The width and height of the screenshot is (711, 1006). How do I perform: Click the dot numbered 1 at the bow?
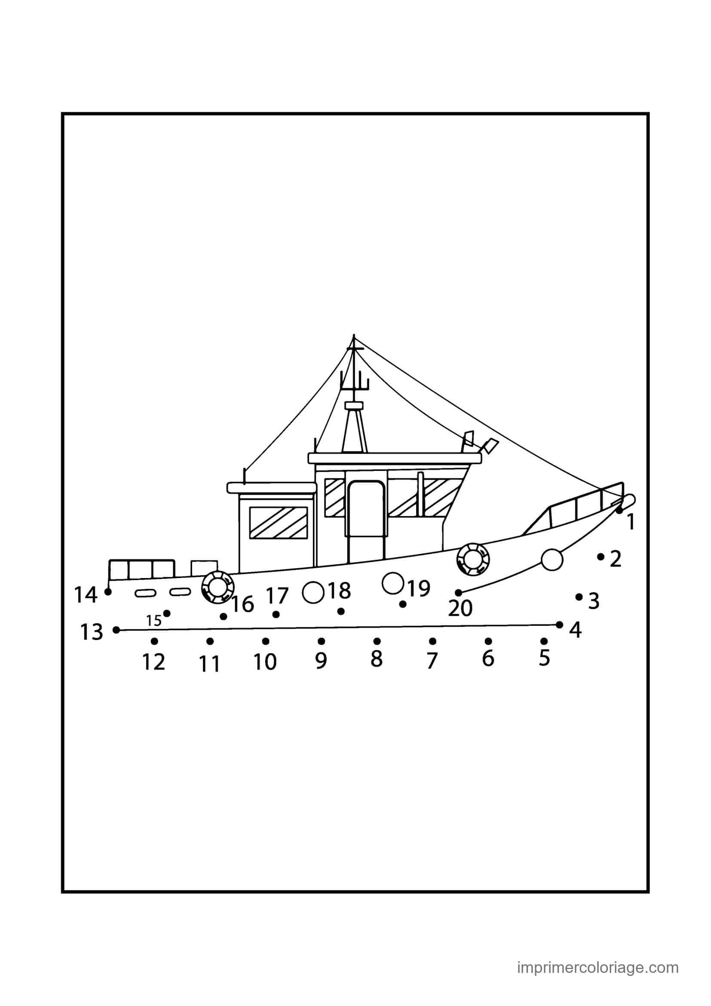(619, 511)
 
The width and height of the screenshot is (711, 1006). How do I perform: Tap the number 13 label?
(92, 632)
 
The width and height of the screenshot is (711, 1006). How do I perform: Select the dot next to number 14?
(108, 592)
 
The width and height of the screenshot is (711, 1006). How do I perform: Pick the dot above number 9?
(322, 641)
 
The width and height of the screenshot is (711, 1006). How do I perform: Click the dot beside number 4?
(559, 625)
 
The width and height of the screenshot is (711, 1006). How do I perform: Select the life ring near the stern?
(218, 587)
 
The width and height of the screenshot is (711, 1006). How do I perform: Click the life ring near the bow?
(473, 559)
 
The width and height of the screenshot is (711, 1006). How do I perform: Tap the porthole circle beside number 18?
(313, 592)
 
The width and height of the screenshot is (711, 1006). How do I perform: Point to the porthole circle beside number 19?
(393, 583)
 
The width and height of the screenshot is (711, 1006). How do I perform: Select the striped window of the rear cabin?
(279, 523)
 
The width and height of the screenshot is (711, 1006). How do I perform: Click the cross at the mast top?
(355, 349)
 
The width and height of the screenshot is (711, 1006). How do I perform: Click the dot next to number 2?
(601, 557)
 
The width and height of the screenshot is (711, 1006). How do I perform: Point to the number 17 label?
(278, 596)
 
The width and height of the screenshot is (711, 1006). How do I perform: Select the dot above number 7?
(432, 641)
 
